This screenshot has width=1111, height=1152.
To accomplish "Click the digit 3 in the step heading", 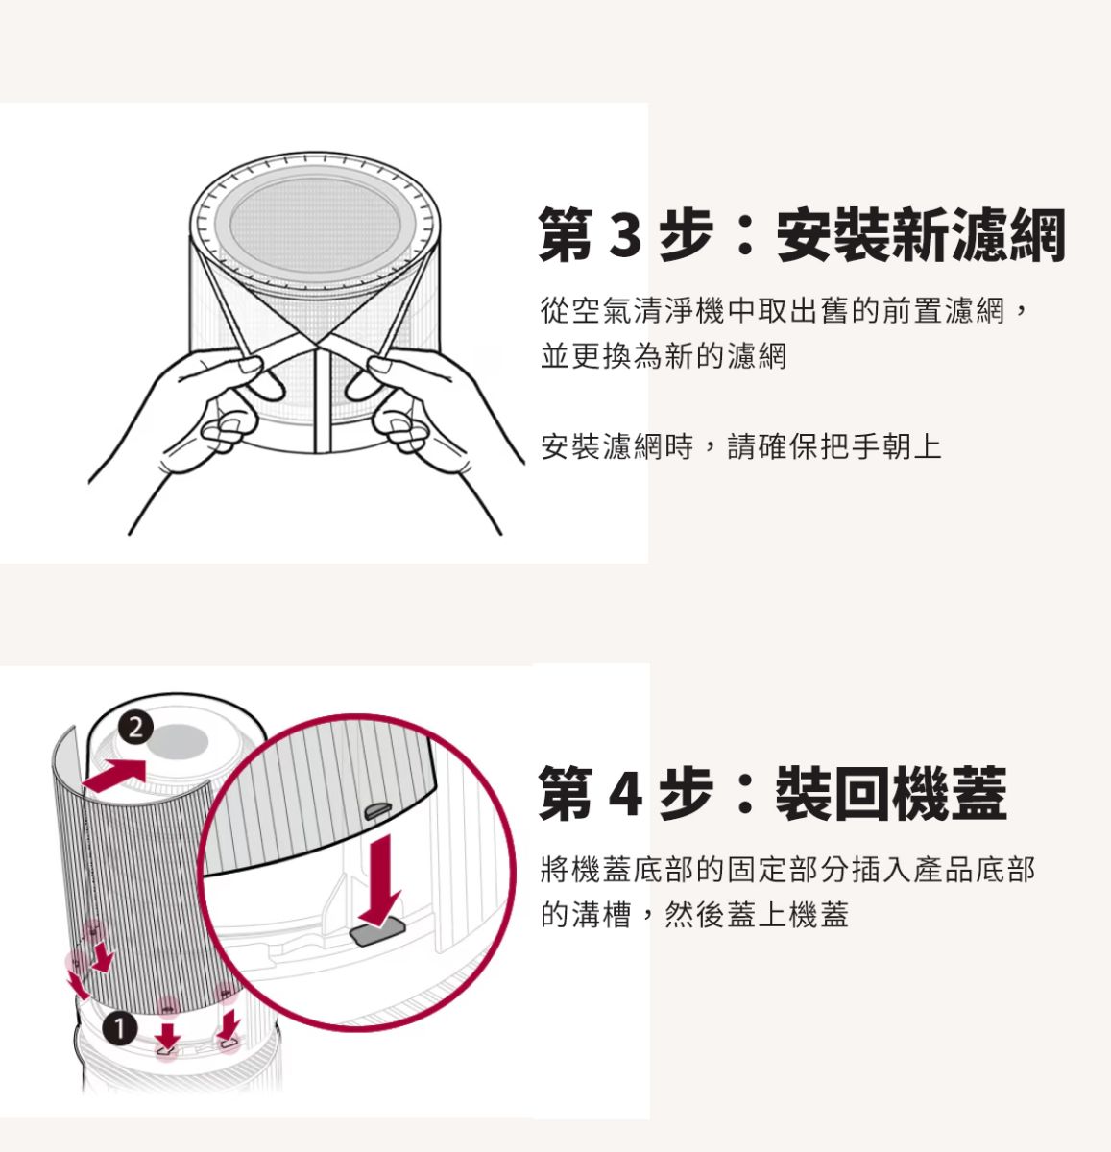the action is [x=625, y=235].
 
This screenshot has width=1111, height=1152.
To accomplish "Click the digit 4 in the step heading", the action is [x=626, y=793].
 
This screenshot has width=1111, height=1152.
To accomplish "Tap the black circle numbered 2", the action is [x=135, y=728].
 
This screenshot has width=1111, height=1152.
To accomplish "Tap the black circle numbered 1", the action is [x=120, y=1029].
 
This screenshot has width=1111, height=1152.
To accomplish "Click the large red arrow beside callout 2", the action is [x=115, y=775].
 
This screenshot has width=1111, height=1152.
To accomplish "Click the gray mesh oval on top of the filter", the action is [x=314, y=226].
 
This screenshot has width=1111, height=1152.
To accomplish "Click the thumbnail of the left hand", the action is [x=252, y=365].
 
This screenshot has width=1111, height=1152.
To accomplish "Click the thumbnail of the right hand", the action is [x=379, y=365].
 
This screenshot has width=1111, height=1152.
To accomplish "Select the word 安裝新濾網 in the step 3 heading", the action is [x=921, y=235].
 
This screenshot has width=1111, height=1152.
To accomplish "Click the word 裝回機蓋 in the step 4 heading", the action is [x=891, y=793].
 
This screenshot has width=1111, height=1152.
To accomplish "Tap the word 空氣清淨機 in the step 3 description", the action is [x=648, y=310].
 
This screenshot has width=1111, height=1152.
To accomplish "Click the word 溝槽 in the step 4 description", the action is [x=602, y=915].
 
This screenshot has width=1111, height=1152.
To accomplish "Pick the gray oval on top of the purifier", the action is [x=176, y=740].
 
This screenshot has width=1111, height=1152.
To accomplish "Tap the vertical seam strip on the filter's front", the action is [x=323, y=400].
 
